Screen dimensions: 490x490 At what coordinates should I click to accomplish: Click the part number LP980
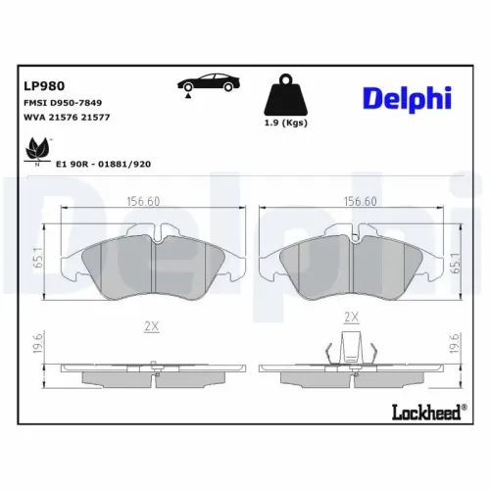tap(43, 85)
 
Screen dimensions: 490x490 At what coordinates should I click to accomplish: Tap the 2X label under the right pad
tap(352, 318)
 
